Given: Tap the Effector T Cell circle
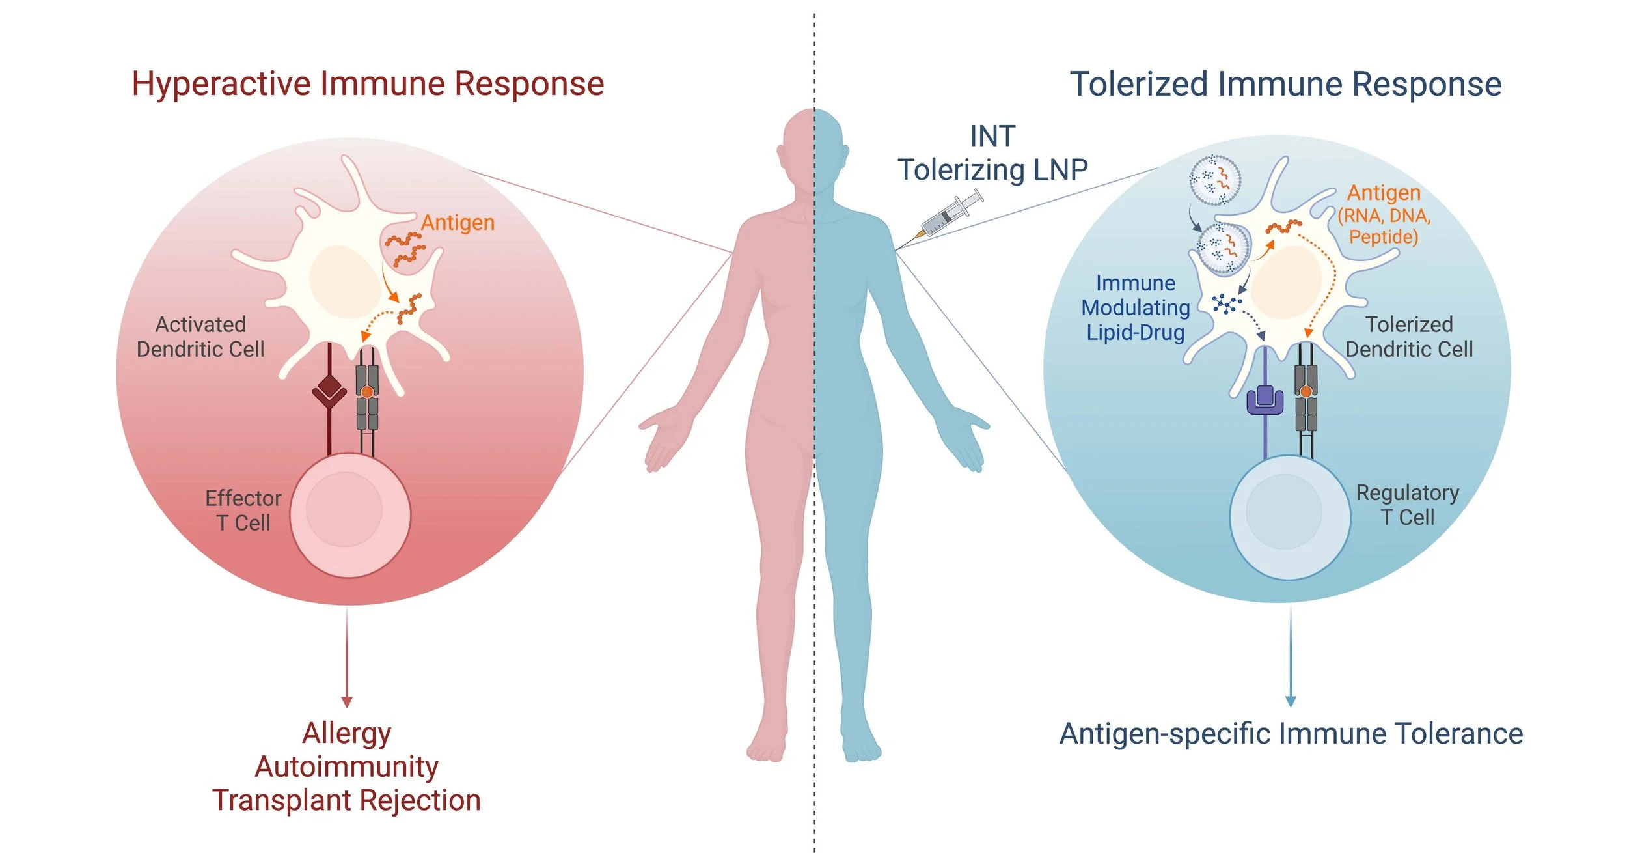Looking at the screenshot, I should (349, 515).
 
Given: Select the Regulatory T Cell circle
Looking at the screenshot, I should (1289, 517).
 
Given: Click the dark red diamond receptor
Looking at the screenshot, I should (329, 391).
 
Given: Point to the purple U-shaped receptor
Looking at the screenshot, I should (1265, 400).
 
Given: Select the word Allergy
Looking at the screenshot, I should (346, 733).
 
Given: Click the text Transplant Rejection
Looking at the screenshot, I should (346, 800).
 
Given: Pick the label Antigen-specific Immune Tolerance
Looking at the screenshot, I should (1291, 734).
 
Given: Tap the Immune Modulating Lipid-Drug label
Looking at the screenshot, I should (1136, 307).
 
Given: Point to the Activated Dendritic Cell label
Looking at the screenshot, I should (200, 337).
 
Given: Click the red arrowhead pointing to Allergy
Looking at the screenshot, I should (347, 703).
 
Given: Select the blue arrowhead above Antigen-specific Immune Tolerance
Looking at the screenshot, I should (1291, 702).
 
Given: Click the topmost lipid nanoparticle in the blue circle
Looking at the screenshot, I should (1214, 180).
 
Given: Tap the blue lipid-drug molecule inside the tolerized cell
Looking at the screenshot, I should (1226, 304).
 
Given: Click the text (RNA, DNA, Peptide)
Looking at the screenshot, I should (1384, 226).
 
